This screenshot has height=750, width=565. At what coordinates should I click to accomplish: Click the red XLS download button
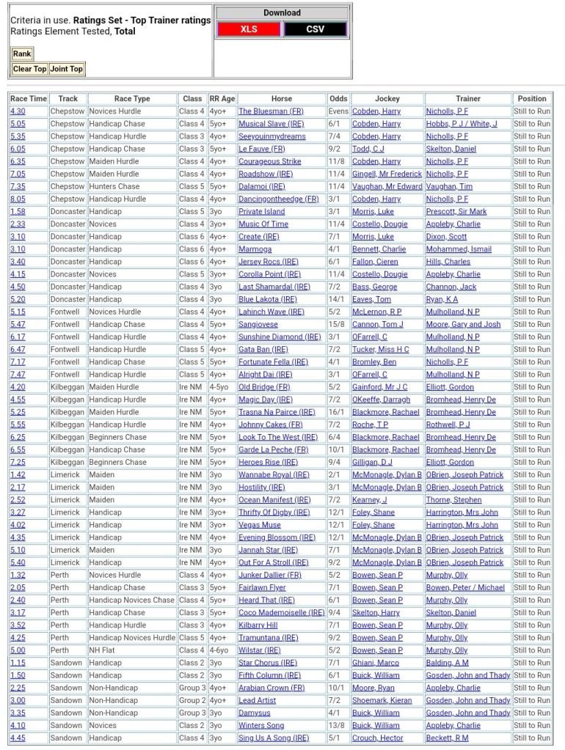tap(248, 29)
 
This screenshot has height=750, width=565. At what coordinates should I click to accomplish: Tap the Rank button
tap(22, 54)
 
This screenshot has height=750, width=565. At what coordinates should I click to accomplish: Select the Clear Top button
tap(29, 69)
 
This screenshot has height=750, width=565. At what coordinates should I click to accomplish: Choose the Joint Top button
tap(67, 69)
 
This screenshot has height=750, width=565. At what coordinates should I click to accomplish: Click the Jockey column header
tap(387, 98)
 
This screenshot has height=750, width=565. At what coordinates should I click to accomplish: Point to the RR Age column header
tap(222, 98)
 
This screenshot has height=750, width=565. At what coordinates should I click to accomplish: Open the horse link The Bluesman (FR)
tap(271, 111)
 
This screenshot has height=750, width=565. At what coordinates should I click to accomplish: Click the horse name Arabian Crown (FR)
tap(271, 688)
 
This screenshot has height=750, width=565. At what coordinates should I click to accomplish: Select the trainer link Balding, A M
tap(447, 663)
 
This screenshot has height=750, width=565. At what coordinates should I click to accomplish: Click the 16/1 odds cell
tap(338, 412)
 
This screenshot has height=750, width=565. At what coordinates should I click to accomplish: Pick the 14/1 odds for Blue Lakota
tap(338, 299)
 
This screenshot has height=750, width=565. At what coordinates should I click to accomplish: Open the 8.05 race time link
tap(18, 199)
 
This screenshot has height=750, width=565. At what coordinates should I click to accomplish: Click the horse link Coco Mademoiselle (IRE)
tap(281, 613)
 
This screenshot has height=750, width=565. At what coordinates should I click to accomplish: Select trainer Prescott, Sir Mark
tap(456, 212)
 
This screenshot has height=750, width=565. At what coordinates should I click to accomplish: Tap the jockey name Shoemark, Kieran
tap(385, 700)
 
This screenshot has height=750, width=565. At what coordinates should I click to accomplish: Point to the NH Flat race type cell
tap(103, 650)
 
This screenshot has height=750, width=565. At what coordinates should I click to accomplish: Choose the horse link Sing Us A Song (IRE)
tap(274, 738)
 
